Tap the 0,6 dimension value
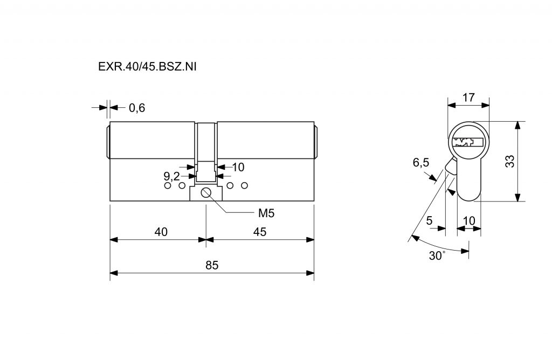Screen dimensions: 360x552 click(x=137, y=108)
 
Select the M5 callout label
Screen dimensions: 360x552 click(x=266, y=213)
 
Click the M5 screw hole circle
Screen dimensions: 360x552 click(x=206, y=193)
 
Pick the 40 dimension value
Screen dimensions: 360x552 click(x=161, y=232)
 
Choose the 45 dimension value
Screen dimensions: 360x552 click(x=260, y=232)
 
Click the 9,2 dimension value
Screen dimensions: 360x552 click(x=171, y=176)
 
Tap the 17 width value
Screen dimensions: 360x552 click(x=468, y=98)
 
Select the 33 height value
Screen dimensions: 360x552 click(x=509, y=162)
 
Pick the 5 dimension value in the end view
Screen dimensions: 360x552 click(x=429, y=220)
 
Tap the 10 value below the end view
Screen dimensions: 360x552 click(x=469, y=220)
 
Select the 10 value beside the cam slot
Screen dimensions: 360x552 click(x=239, y=167)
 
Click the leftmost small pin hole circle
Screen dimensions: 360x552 click(x=167, y=186)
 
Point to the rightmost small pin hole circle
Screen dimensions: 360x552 click(x=245, y=186)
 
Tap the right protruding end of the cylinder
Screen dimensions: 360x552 click(x=316, y=141)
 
